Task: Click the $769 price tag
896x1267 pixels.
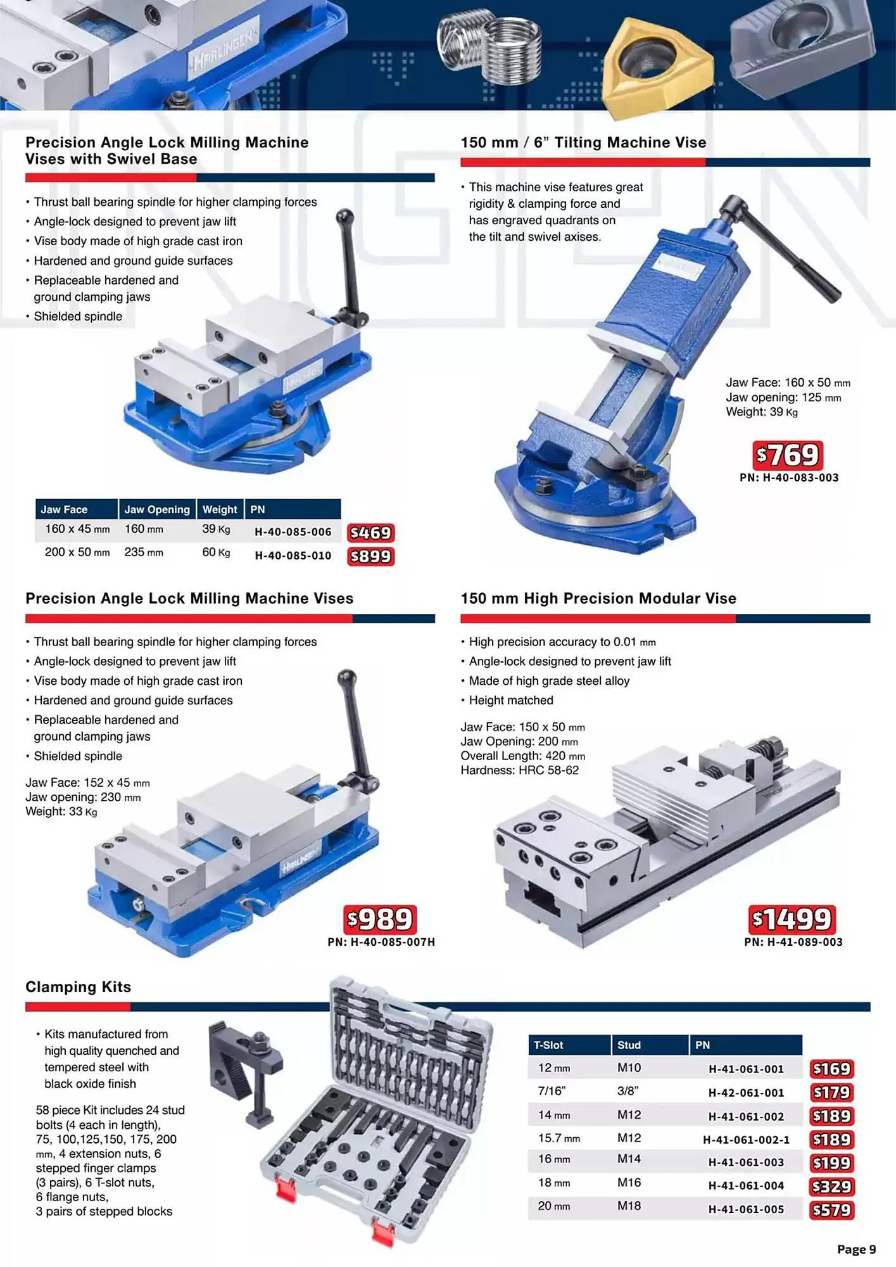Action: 788,455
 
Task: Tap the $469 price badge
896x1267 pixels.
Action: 370,533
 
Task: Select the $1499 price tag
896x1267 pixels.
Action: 792,919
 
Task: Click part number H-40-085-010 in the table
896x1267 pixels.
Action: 293,556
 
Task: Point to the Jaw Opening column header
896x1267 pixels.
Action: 156,509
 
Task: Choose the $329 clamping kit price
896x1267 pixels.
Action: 831,1186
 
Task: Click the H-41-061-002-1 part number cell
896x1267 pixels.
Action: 746,1140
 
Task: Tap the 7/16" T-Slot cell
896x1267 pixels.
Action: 552,1091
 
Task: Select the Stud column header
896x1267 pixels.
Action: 629,1045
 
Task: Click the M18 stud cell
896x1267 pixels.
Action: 629,1206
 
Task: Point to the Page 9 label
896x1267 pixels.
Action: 856,1249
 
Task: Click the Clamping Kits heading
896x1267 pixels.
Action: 78,987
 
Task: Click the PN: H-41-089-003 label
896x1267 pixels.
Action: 793,942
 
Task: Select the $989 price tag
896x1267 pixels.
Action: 380,919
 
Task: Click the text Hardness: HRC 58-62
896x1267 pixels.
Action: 519,770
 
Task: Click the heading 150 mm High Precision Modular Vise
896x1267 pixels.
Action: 598,599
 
